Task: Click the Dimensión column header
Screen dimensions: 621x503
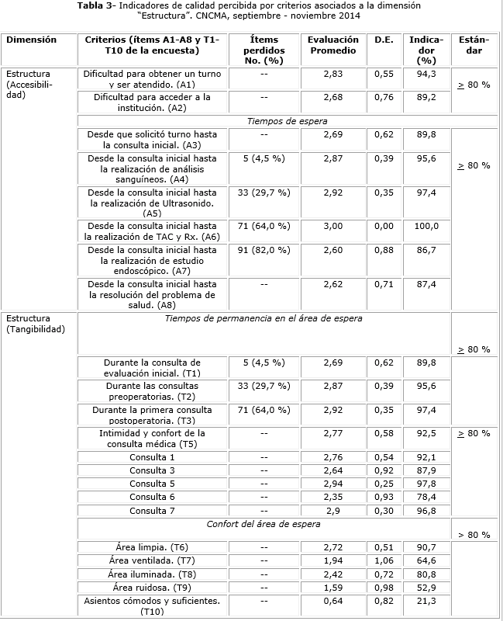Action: click(31, 39)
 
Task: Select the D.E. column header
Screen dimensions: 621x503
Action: click(384, 39)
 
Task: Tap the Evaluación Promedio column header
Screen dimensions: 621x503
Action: click(332, 44)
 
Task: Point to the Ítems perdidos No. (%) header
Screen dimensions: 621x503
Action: click(264, 49)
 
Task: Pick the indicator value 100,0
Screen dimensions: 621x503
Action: click(425, 226)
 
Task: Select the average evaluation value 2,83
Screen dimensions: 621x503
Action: click(332, 74)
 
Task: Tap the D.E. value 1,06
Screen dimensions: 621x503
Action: click(384, 560)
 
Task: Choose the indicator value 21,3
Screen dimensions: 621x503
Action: click(425, 601)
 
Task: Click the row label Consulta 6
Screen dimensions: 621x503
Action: click(152, 497)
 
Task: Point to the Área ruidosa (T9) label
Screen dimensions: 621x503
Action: click(152, 588)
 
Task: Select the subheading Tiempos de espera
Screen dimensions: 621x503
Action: click(287, 121)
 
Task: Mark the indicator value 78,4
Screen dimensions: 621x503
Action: click(425, 497)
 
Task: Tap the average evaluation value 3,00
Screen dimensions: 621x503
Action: click(332, 226)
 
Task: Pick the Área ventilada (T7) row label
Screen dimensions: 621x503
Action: click(152, 560)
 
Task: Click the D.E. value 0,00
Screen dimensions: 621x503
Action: click(384, 226)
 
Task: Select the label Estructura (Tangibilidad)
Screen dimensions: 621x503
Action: click(35, 323)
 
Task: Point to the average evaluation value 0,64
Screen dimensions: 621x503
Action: click(332, 601)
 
